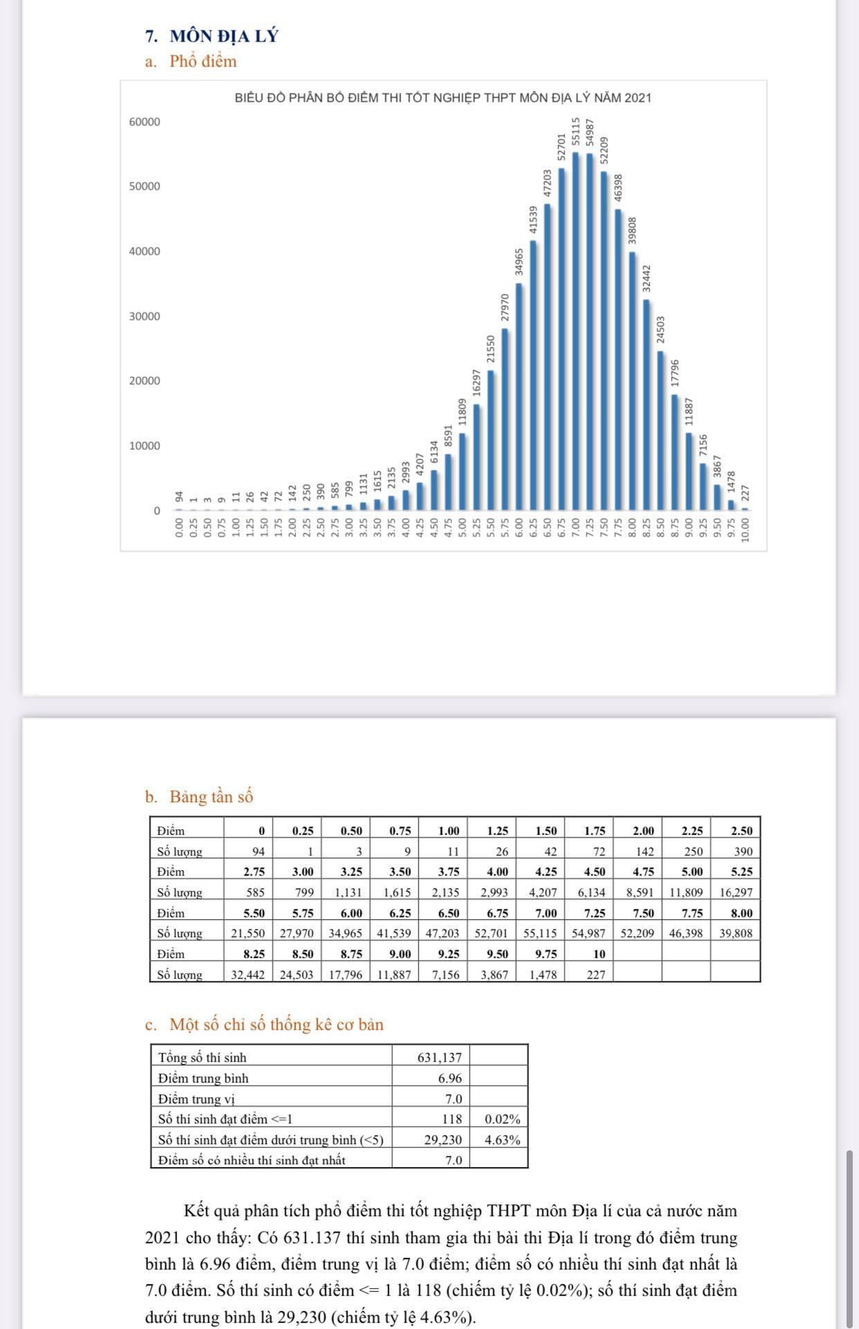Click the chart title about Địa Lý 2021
(x=443, y=98)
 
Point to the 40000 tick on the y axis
(x=144, y=251)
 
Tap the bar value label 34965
(x=519, y=262)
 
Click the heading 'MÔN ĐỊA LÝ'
(x=223, y=36)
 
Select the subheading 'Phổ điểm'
(x=203, y=62)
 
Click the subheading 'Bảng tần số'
(x=211, y=797)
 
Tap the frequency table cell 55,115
(x=540, y=933)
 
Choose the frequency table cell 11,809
(x=685, y=892)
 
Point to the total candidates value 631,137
(x=439, y=1058)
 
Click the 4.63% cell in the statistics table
(x=502, y=1140)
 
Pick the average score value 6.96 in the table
(x=450, y=1078)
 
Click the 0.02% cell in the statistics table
(x=502, y=1119)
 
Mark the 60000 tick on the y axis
(x=144, y=122)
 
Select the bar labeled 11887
(x=689, y=471)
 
